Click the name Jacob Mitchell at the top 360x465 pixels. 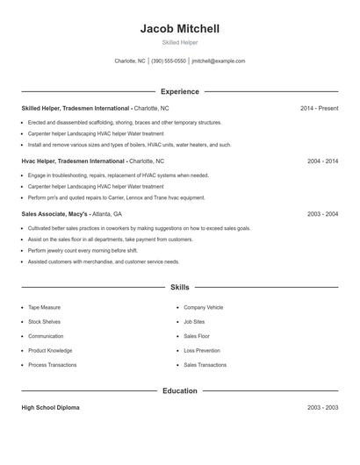tap(179, 29)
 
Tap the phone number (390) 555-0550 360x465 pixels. tap(169, 61)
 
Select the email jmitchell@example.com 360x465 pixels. tap(219, 61)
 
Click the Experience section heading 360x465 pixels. tap(179, 91)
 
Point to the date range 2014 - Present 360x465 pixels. tap(319, 108)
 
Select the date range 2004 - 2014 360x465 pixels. tap(322, 161)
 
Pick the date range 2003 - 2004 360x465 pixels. tap(322, 214)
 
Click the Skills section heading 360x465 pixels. tap(179, 287)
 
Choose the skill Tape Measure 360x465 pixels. tap(45, 308)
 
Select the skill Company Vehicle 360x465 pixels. tap(203, 308)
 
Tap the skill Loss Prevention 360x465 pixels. tap(202, 350)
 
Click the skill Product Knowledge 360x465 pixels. tap(49, 350)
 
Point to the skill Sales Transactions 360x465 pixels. tap(205, 365)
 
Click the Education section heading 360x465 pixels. tap(179, 391)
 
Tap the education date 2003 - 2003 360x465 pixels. tap(322, 408)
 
